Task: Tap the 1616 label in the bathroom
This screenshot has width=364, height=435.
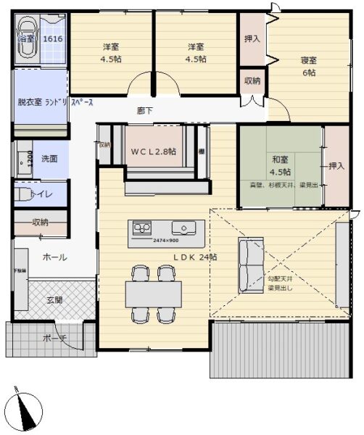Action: (x=52, y=38)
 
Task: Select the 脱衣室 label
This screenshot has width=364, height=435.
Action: (x=29, y=103)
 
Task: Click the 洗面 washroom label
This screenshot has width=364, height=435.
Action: (x=49, y=158)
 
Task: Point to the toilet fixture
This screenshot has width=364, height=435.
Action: (x=25, y=194)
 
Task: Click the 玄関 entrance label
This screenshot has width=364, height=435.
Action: (x=55, y=299)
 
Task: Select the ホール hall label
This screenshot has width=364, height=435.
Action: (x=55, y=257)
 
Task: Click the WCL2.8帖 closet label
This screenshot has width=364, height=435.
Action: (x=154, y=152)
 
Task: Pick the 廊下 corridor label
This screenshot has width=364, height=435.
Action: (x=145, y=111)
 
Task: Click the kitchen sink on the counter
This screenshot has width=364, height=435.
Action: (x=190, y=229)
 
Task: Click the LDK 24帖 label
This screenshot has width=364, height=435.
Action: (x=194, y=257)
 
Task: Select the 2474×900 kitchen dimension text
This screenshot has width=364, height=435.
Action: (x=166, y=240)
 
